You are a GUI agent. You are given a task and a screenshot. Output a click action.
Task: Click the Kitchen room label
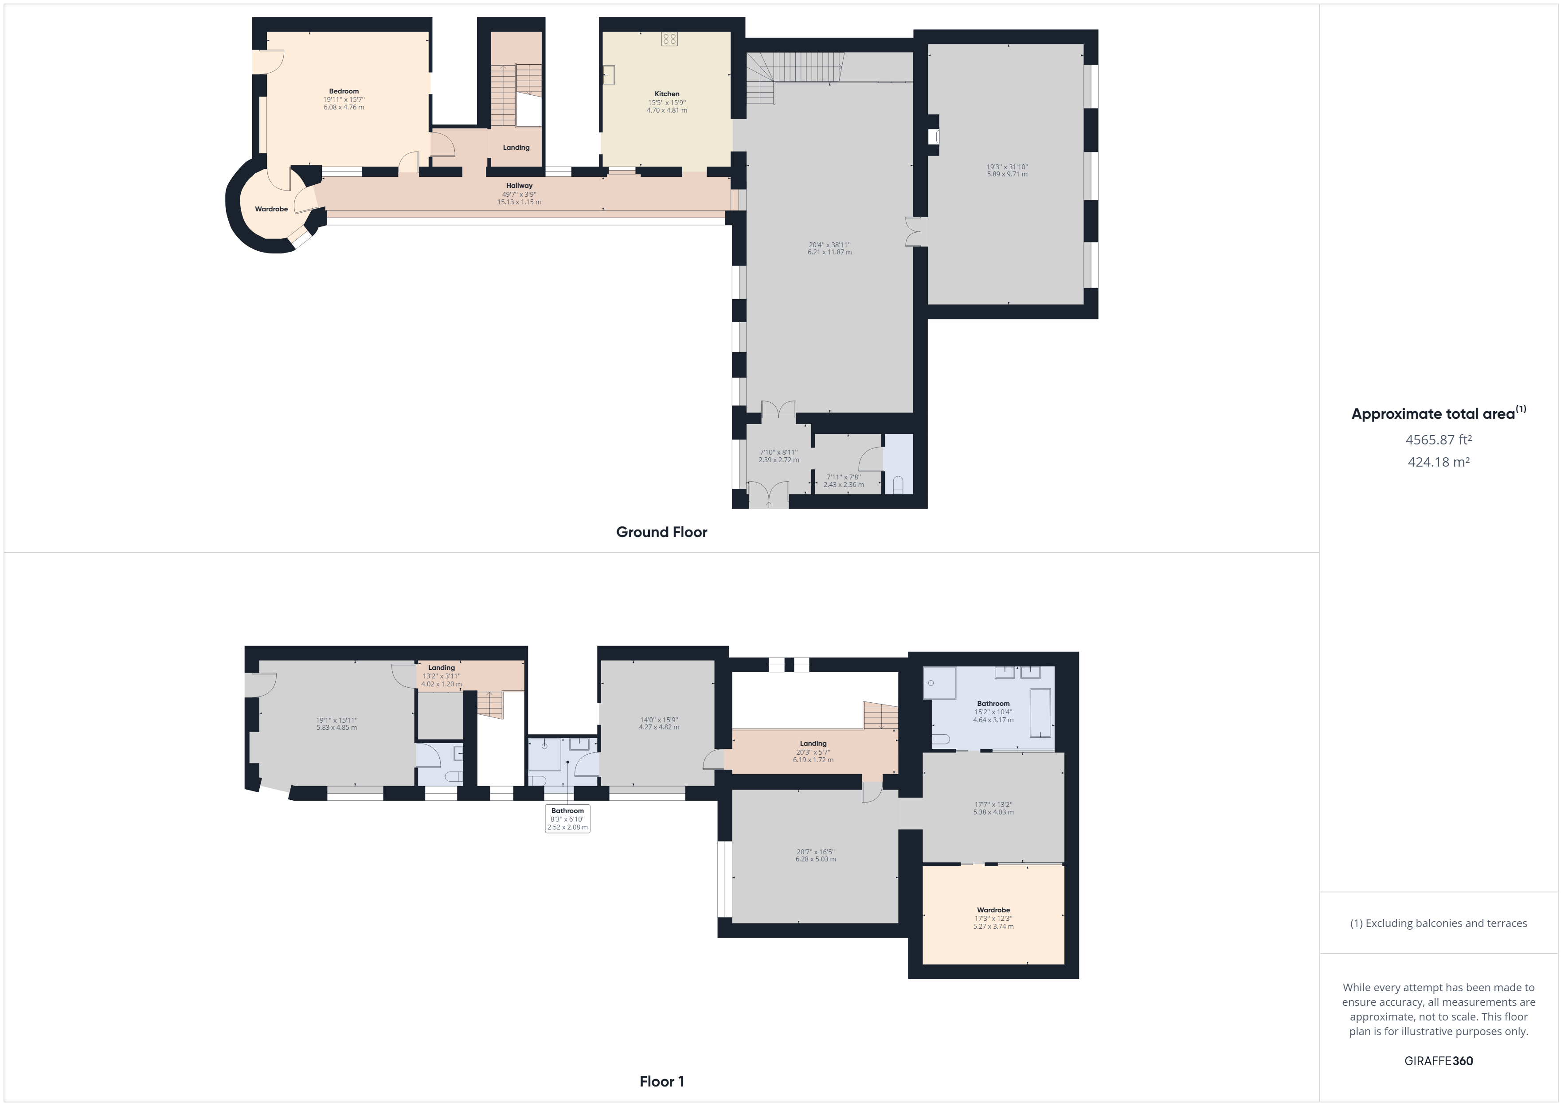(667, 94)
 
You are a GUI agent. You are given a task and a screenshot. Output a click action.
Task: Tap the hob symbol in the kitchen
(669, 39)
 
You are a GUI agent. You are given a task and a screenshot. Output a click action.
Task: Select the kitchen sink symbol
(608, 74)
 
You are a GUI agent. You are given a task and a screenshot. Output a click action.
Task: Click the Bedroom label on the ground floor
(344, 91)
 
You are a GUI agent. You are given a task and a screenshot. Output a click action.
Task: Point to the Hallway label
(519, 185)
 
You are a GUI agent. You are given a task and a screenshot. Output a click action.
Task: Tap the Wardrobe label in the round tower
(271, 209)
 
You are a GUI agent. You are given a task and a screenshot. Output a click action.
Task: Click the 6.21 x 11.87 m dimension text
(830, 253)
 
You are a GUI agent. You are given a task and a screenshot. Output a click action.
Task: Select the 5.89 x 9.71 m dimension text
(1008, 174)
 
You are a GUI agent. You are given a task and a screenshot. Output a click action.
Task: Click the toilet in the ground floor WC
(898, 485)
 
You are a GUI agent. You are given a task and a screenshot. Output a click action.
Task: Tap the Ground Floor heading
(661, 532)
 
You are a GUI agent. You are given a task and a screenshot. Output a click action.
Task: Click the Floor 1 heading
(661, 1082)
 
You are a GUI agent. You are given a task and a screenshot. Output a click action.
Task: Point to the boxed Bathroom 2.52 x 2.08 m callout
(567, 818)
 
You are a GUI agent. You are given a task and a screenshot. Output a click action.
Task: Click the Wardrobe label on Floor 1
(993, 910)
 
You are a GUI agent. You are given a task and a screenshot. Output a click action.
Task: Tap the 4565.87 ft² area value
(1439, 440)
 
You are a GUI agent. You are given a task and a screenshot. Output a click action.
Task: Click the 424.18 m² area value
(1439, 462)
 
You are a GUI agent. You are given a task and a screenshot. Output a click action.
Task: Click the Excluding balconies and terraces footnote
(1439, 923)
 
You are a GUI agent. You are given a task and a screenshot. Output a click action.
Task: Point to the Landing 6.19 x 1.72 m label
(813, 752)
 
